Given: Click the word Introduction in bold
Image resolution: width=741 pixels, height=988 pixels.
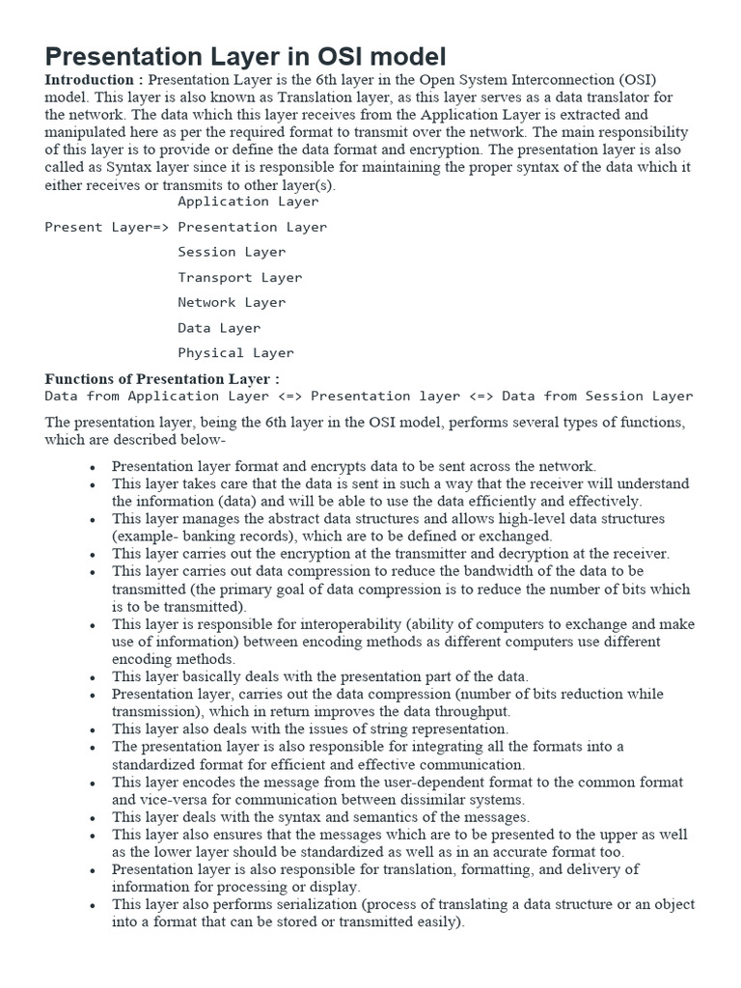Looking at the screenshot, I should pos(89,80).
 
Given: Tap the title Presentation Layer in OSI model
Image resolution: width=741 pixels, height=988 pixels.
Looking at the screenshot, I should pos(246,55).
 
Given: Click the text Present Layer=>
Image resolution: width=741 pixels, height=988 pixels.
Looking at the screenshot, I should pos(107,227).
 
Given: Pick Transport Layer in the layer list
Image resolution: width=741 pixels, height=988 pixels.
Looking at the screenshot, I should pos(239,277).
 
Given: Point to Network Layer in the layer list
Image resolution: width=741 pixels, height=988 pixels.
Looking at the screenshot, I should pos(232,302).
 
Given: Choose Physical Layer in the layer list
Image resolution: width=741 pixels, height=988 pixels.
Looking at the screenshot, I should pos(235,352).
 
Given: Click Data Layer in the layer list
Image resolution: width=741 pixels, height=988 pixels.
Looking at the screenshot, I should pos(219,327).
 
